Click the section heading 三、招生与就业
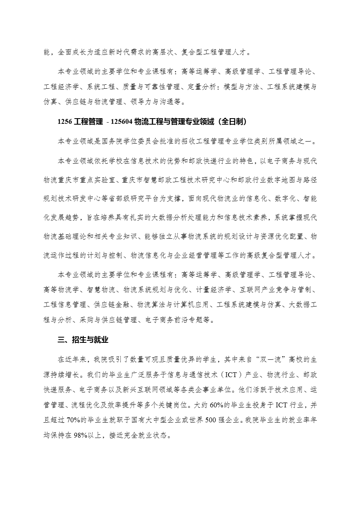[x=83, y=340]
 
